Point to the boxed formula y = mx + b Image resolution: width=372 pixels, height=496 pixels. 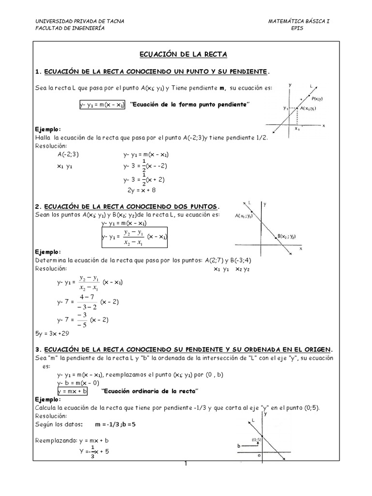(x=72, y=391)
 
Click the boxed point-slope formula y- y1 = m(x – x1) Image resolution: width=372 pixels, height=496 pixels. (x=102, y=105)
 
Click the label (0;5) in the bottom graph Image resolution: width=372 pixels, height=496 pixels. (x=257, y=440)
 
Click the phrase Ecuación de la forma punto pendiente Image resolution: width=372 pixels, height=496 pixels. (x=190, y=105)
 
